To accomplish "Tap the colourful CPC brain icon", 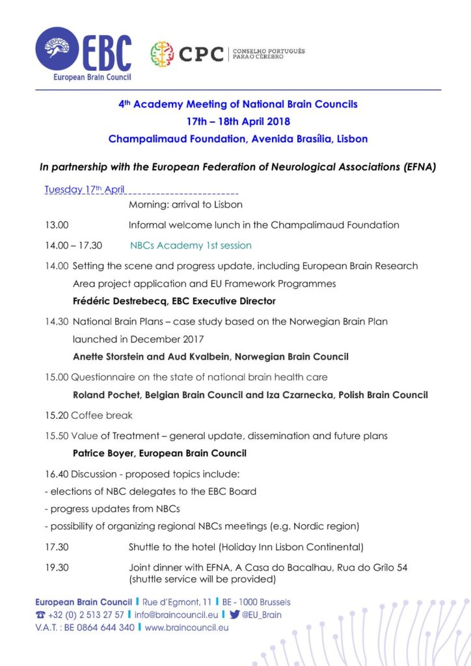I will (162, 54).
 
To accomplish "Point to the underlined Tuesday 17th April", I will (85, 190).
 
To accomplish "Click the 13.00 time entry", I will (57, 225).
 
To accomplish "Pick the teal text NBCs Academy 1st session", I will (191, 245).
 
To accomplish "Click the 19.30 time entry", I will (57, 567).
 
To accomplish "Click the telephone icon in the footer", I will (40, 615).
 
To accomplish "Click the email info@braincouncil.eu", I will (176, 615).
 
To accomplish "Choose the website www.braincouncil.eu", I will (187, 628).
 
